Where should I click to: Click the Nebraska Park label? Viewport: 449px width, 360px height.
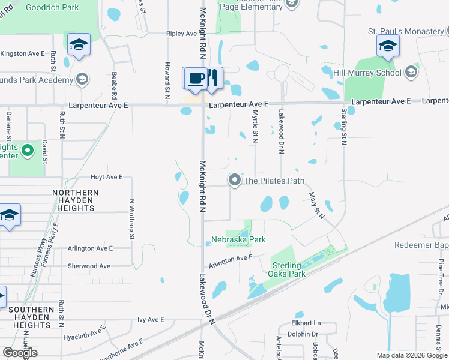point(238,240)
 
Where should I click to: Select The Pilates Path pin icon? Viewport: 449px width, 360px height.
point(235,180)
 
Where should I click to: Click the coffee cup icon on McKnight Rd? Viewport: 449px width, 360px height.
point(196,79)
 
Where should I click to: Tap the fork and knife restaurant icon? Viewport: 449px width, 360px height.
point(212,79)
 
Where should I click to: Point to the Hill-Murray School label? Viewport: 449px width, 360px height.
point(368,73)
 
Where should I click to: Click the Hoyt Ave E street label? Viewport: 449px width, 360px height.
point(106,178)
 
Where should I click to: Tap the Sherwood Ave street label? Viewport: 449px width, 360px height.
point(89,266)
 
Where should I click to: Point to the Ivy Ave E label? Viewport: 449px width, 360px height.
point(151,320)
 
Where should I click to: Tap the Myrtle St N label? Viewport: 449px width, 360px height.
point(255,126)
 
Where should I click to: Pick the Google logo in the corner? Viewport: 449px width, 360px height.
point(20,353)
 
